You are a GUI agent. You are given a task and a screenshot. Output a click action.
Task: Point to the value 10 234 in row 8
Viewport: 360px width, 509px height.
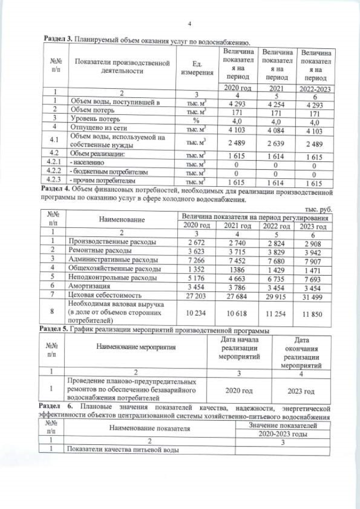(197, 312)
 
